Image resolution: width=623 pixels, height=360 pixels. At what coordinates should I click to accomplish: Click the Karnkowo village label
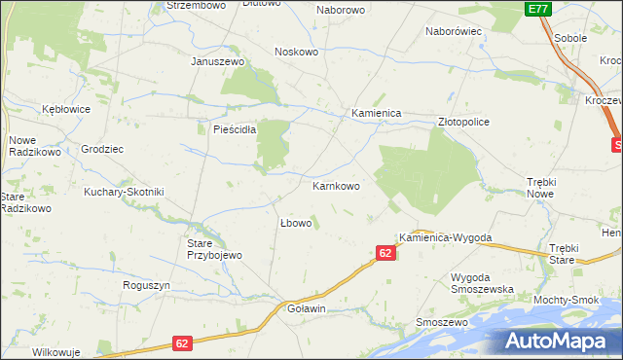pos(336,186)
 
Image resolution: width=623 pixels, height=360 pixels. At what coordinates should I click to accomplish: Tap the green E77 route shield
pos(537,9)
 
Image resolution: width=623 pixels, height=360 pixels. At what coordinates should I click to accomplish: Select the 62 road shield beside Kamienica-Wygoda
pos(385,253)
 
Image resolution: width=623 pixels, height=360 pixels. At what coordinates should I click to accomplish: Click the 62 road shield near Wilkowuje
pos(183,343)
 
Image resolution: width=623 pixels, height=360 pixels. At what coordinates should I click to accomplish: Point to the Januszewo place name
pos(216,60)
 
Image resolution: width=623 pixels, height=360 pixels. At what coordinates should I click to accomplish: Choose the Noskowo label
pos(298,52)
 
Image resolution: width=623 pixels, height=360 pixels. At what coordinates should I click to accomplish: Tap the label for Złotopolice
pos(463,123)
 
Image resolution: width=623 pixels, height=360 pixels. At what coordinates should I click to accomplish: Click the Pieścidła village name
pos(228,128)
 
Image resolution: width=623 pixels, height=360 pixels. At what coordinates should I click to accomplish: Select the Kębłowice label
pos(66,109)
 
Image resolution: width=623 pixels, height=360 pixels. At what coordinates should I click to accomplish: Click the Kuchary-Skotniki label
pos(124,192)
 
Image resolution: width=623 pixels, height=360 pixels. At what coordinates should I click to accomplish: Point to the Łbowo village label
pos(295,223)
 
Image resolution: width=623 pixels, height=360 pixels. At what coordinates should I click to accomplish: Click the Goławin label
pos(307,308)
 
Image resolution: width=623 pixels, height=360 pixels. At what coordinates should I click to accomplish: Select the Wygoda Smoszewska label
pos(481,283)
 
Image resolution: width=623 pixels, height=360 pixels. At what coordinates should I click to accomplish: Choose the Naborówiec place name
pos(455,31)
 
